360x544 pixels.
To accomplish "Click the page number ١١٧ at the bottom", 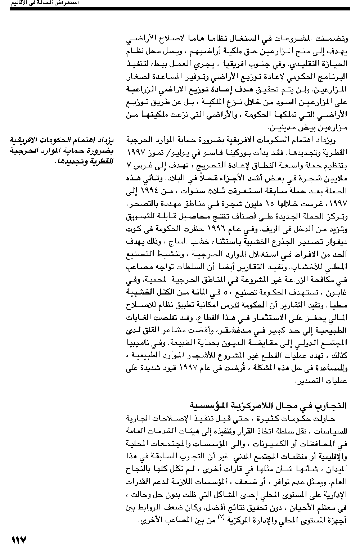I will [x=19, y=539].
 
